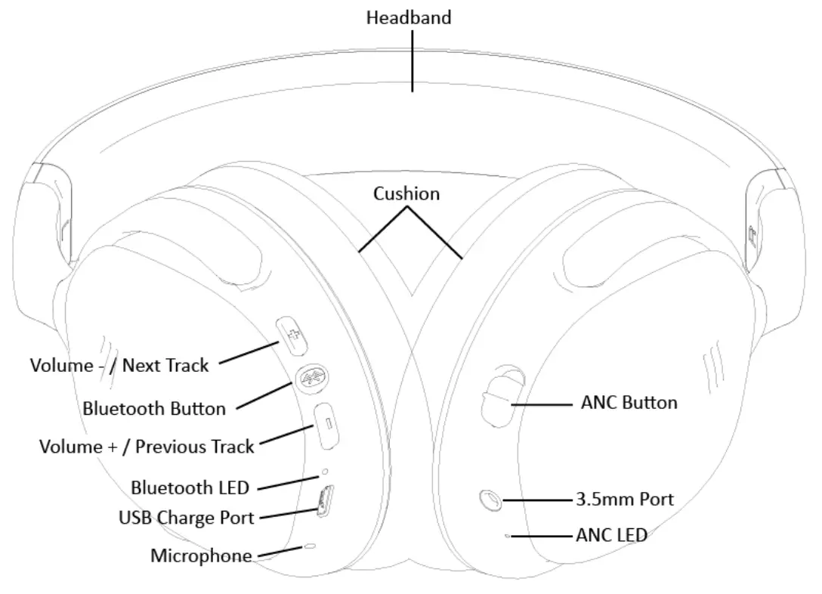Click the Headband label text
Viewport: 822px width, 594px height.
(x=409, y=17)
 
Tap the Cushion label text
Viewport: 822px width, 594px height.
(x=406, y=193)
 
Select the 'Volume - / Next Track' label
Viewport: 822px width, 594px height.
(x=119, y=366)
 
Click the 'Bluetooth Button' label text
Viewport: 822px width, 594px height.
(x=154, y=409)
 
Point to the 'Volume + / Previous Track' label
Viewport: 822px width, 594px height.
(x=147, y=447)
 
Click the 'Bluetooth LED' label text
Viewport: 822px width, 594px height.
(x=190, y=487)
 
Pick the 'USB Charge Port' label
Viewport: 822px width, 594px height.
(x=186, y=518)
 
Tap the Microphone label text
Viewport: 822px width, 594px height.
(x=201, y=556)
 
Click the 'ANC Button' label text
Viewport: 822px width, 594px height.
(x=629, y=402)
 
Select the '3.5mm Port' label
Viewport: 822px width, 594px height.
(x=624, y=500)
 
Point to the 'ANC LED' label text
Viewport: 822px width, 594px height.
(x=611, y=536)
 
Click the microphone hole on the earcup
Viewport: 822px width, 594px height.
(x=311, y=545)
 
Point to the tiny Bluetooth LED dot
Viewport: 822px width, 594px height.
(x=326, y=472)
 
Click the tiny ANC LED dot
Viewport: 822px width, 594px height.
(x=508, y=536)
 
